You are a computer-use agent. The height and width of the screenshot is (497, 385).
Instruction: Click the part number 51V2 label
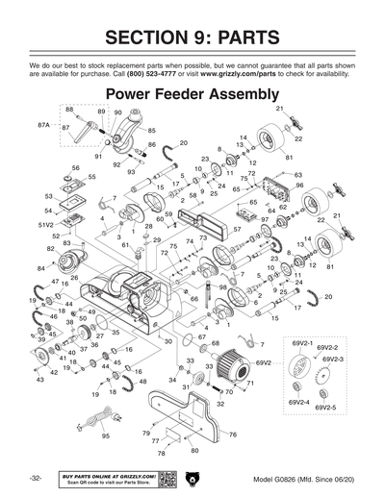(x=44, y=224)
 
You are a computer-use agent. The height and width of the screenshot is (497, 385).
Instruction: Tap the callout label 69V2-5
(x=323, y=409)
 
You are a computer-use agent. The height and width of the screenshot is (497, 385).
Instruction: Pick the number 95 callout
(x=105, y=435)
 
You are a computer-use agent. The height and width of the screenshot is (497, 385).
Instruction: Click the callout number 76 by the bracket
(x=232, y=435)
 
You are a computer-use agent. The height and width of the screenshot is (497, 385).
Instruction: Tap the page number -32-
(x=34, y=478)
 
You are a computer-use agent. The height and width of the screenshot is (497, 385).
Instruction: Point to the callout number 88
(x=69, y=111)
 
